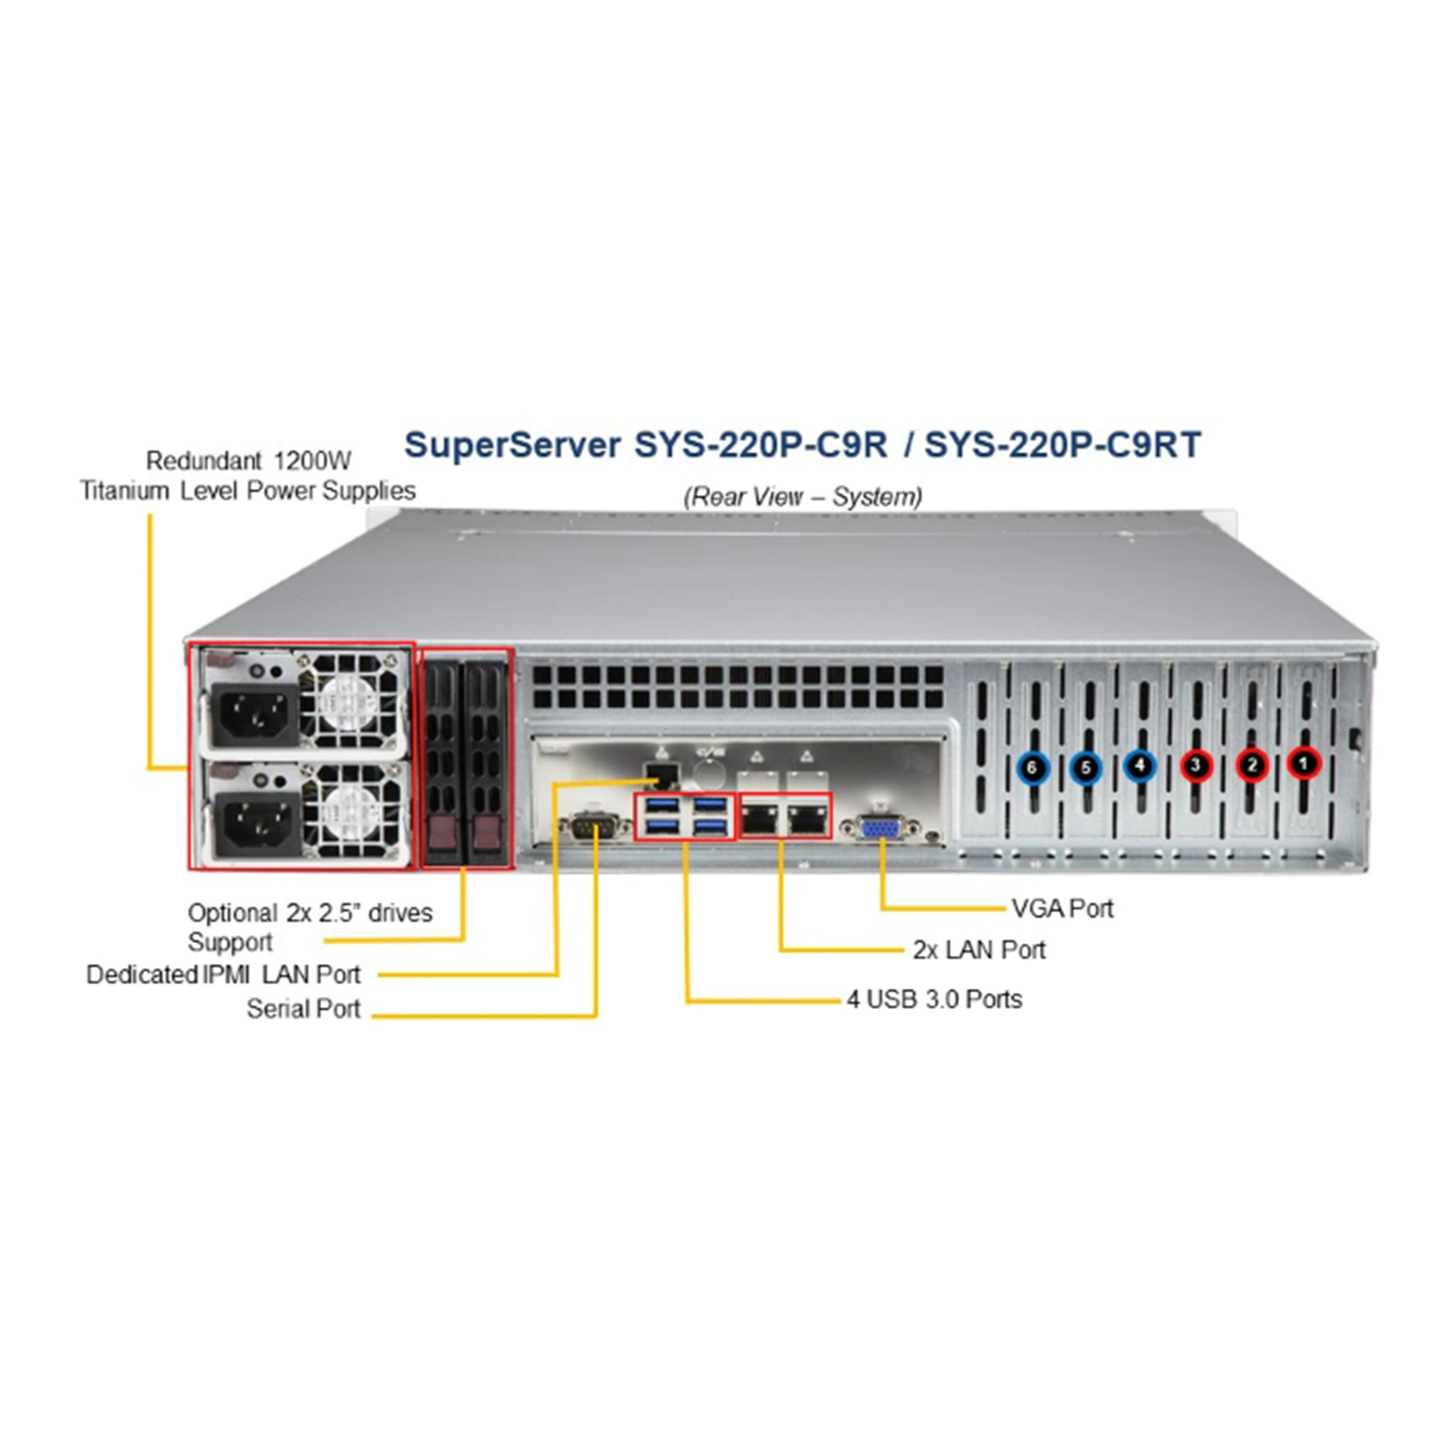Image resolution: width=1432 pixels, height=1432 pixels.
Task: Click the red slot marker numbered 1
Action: click(1304, 763)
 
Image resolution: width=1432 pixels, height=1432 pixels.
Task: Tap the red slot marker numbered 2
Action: click(1252, 765)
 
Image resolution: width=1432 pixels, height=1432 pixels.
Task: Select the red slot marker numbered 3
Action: click(1197, 765)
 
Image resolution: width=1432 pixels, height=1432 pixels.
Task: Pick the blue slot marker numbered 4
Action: click(1139, 766)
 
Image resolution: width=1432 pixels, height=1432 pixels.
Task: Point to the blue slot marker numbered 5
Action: click(1086, 768)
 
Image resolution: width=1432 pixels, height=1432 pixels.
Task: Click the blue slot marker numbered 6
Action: click(1033, 768)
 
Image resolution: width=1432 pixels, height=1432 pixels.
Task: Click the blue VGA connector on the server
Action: click(881, 828)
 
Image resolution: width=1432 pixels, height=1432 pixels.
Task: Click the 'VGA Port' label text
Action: click(1062, 908)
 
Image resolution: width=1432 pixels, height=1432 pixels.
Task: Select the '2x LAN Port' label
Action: click(978, 950)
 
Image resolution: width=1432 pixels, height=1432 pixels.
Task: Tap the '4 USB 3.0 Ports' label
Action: click(934, 999)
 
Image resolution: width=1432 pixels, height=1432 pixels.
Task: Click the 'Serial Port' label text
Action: click(303, 1009)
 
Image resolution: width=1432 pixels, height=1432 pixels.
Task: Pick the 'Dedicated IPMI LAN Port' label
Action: click(223, 974)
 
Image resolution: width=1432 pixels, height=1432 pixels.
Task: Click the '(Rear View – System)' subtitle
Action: click(802, 496)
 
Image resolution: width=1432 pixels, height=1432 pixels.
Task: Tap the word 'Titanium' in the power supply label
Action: click(124, 490)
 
